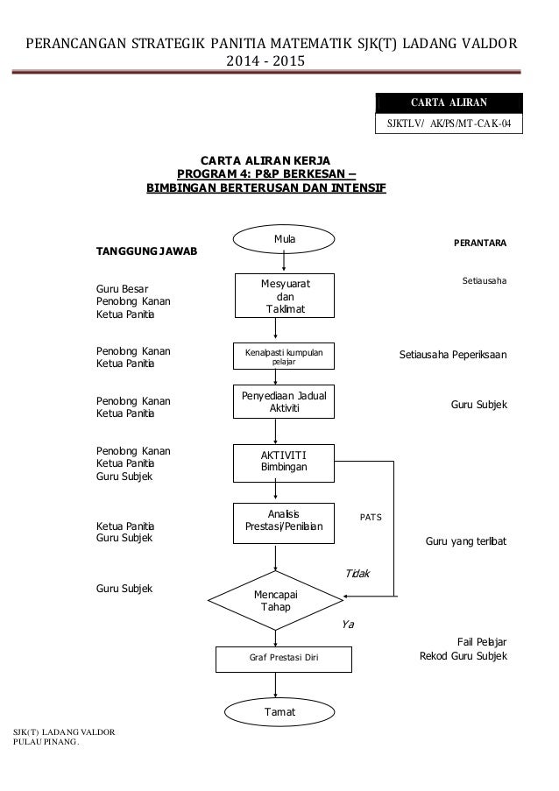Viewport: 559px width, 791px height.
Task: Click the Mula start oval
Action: (284, 239)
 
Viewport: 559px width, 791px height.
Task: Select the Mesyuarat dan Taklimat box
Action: (285, 295)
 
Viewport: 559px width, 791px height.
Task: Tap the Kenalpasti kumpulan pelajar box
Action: (284, 357)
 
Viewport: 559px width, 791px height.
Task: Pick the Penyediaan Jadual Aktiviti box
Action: (284, 401)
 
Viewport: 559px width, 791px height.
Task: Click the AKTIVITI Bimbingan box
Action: (284, 463)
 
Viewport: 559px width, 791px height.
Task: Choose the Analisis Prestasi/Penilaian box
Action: (284, 523)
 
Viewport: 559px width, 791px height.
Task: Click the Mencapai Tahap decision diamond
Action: (275, 600)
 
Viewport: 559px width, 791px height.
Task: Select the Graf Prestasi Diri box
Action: (284, 660)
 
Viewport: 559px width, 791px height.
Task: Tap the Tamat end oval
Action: (279, 712)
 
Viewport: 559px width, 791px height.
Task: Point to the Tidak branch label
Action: (357, 574)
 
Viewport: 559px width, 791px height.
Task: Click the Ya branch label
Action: (348, 625)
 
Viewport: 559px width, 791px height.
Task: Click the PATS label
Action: (371, 517)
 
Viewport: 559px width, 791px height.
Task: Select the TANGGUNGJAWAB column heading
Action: (146, 251)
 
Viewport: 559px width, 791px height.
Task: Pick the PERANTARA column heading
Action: (480, 243)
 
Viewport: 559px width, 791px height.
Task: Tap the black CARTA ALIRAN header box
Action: (449, 102)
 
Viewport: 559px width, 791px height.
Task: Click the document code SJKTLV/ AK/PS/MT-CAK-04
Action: (449, 124)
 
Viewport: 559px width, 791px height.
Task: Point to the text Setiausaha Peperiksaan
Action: (453, 355)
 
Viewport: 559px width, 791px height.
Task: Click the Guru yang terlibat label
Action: (465, 541)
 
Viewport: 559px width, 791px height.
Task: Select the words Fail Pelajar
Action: (482, 642)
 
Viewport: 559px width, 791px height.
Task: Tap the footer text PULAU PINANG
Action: (46, 742)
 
